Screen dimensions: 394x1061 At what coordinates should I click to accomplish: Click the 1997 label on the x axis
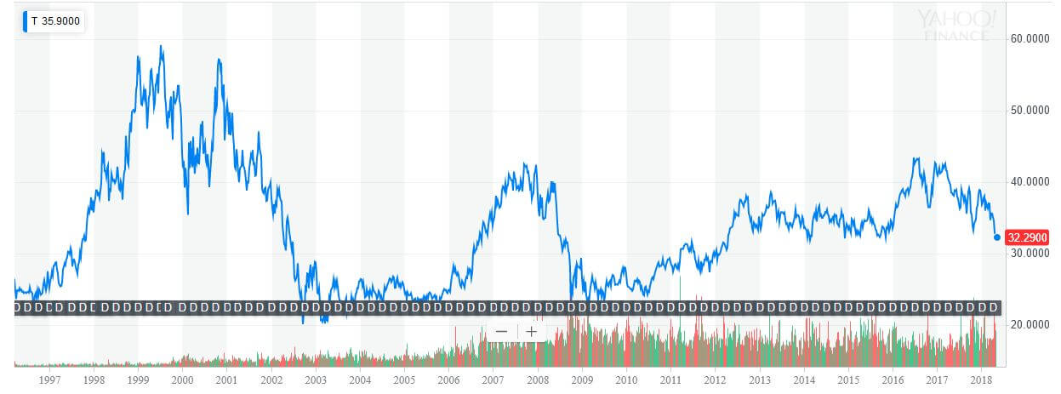point(49,380)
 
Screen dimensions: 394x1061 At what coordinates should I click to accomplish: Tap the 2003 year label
point(316,380)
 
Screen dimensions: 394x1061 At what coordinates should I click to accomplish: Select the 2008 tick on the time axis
point(538,380)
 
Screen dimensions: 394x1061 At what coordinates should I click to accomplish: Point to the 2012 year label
point(715,380)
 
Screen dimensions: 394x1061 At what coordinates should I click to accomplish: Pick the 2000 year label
point(182,380)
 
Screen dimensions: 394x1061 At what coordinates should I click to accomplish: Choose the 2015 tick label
point(848,380)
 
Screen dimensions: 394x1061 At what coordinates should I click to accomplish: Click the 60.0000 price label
point(1028,39)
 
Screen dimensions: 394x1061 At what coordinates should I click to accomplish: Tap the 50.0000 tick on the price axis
point(1028,111)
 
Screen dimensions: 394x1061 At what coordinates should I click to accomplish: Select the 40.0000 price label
point(1028,182)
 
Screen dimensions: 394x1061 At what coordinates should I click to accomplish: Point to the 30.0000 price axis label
point(1028,254)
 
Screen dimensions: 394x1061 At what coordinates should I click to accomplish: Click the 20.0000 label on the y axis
point(1028,325)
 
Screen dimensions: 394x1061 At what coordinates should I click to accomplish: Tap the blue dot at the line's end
point(997,237)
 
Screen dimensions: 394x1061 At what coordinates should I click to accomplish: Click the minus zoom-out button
point(501,332)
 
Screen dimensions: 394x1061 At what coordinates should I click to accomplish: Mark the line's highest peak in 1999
point(162,47)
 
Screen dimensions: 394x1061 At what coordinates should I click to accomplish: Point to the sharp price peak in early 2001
point(220,60)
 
